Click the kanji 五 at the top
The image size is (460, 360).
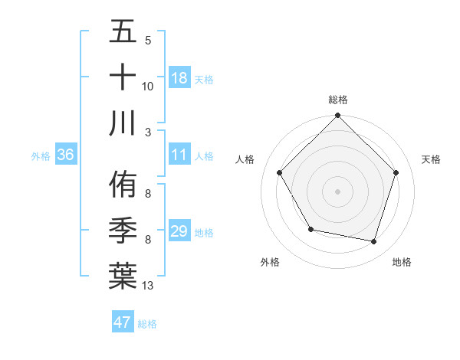point(123,33)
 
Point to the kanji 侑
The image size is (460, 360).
point(123,186)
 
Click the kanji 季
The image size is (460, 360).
point(123,231)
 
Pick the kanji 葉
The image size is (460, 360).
point(123,275)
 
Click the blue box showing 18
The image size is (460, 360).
point(179,78)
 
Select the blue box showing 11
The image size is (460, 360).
point(179,155)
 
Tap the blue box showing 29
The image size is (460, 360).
point(179,231)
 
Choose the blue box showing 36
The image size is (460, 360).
point(66,155)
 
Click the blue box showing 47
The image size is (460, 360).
point(123,322)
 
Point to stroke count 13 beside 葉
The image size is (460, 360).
point(148,286)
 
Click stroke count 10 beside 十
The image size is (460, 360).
point(148,87)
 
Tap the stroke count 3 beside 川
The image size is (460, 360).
point(148,131)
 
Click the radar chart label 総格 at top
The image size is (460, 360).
point(338,100)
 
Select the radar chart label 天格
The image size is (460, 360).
point(432,159)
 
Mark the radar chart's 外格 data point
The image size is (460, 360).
point(310,229)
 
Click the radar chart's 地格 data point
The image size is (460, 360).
point(374,241)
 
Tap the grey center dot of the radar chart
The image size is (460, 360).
point(337,191)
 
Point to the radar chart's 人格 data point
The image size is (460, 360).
point(279,172)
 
